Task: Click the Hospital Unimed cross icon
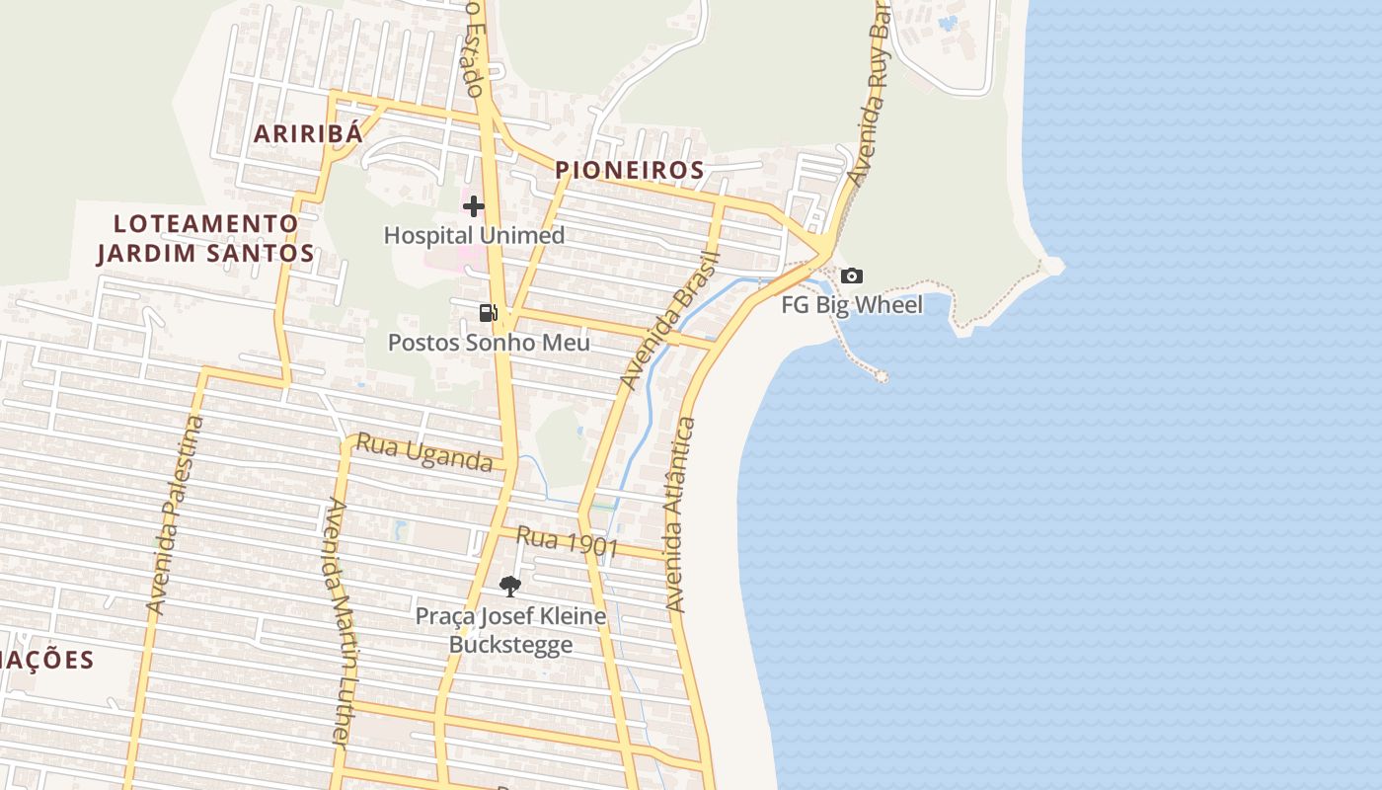(474, 206)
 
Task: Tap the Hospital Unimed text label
(474, 235)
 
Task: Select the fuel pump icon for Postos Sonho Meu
(488, 313)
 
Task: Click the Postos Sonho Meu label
(489, 343)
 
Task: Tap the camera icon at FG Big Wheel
(852, 276)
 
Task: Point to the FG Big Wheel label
(852, 305)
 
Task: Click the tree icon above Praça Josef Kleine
(509, 587)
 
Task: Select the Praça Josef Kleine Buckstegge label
(510, 631)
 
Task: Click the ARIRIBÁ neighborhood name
(308, 134)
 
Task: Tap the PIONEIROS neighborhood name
(630, 170)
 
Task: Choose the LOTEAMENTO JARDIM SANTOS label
(205, 238)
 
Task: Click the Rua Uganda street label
(423, 452)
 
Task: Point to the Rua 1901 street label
(568, 541)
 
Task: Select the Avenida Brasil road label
(671, 319)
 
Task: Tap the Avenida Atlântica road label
(681, 513)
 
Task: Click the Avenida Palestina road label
(175, 514)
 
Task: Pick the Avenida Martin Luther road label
(338, 622)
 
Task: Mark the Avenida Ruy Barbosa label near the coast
(869, 94)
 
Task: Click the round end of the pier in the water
(882, 376)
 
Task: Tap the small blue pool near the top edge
(949, 22)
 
